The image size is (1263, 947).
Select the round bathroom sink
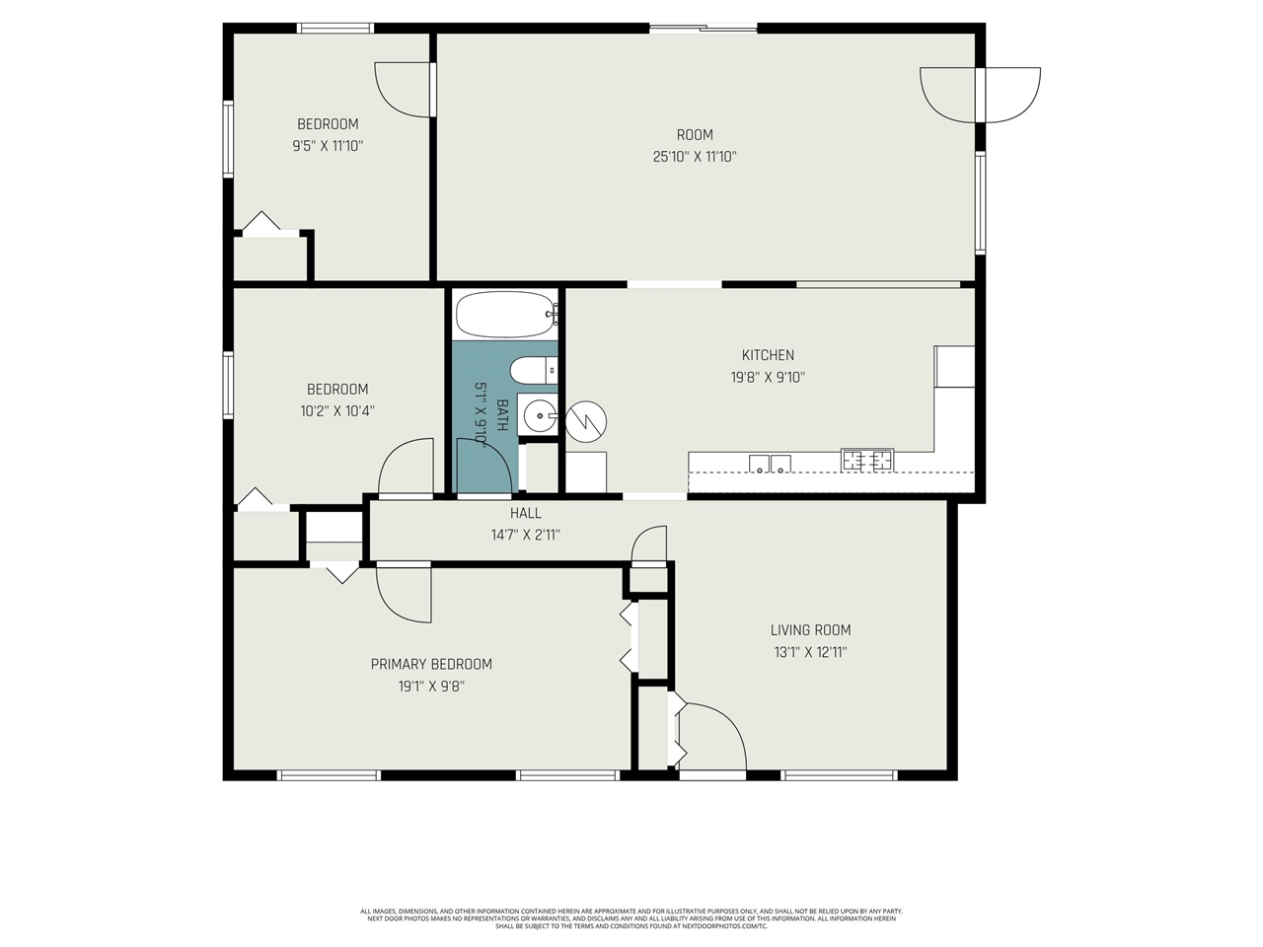tap(540, 416)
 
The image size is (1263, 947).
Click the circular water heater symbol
tap(585, 421)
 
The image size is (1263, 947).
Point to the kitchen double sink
tap(770, 464)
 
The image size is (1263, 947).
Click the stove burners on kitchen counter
tap(867, 460)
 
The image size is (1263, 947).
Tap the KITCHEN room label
tap(768, 355)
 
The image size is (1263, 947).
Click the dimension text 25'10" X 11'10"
tap(695, 156)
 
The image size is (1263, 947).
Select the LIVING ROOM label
tap(810, 630)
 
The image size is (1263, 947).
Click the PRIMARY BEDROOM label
tap(431, 664)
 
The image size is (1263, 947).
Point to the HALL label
tap(525, 513)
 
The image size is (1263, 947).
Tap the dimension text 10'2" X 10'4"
tap(337, 410)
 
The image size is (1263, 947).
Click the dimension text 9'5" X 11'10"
tap(328, 145)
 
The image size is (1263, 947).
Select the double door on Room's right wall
tap(980, 95)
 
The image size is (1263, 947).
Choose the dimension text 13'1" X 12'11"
tap(810, 652)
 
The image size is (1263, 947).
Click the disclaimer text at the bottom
tap(631, 918)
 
